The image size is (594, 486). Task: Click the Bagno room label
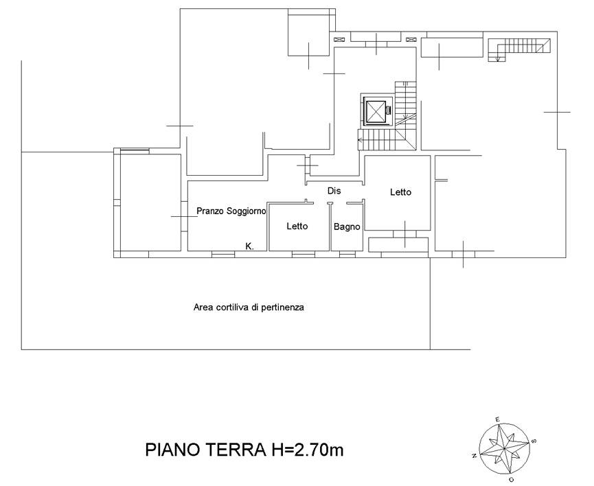(x=347, y=227)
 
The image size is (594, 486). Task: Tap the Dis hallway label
(x=334, y=191)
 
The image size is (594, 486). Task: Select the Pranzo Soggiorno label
(x=231, y=211)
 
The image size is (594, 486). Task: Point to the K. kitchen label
(x=250, y=246)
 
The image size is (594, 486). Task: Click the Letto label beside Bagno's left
(x=297, y=226)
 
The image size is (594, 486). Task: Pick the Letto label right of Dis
(x=400, y=192)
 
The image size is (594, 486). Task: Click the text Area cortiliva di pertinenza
(x=249, y=308)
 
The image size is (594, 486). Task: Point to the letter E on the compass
(x=498, y=419)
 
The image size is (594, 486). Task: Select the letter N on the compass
(x=474, y=456)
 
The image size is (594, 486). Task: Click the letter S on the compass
(x=534, y=441)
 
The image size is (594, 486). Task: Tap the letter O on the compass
(x=511, y=480)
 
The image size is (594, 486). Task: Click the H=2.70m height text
(x=306, y=450)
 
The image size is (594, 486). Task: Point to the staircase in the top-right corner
(x=519, y=49)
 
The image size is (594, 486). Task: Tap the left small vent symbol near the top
(x=339, y=39)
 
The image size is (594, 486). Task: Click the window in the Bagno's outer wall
(x=347, y=255)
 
